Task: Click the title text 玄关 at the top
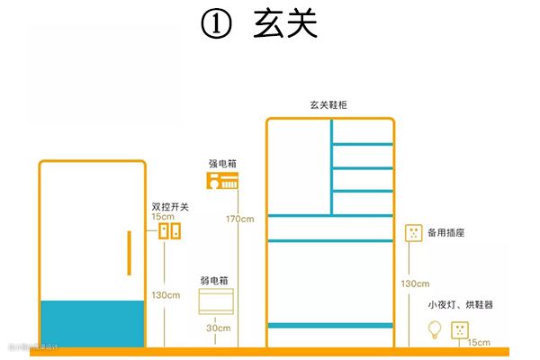pos(285,24)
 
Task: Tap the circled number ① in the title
pos(217,25)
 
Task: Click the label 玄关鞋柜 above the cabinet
pos(328,105)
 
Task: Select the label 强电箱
pos(222,165)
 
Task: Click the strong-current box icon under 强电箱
pos(223,183)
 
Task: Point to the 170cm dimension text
pos(239,220)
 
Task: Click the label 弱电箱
pos(215,282)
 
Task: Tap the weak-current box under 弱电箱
pos(216,301)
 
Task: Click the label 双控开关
pos(170,207)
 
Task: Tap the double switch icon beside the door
pos(170,231)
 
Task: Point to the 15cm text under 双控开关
pos(163,218)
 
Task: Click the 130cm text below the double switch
pos(166,295)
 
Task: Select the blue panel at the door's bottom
pos(93,324)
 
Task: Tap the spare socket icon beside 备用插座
pos(414,234)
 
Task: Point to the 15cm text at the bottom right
pos(479,343)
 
